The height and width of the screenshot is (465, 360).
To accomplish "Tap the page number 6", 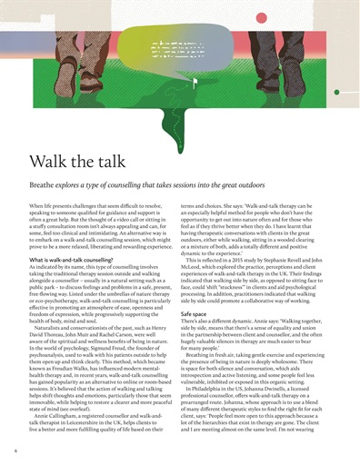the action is tap(15, 448).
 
